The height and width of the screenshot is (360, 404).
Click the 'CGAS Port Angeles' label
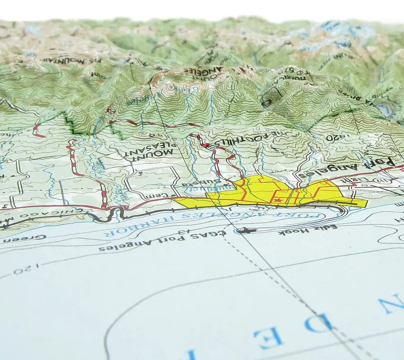point(162,243)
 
